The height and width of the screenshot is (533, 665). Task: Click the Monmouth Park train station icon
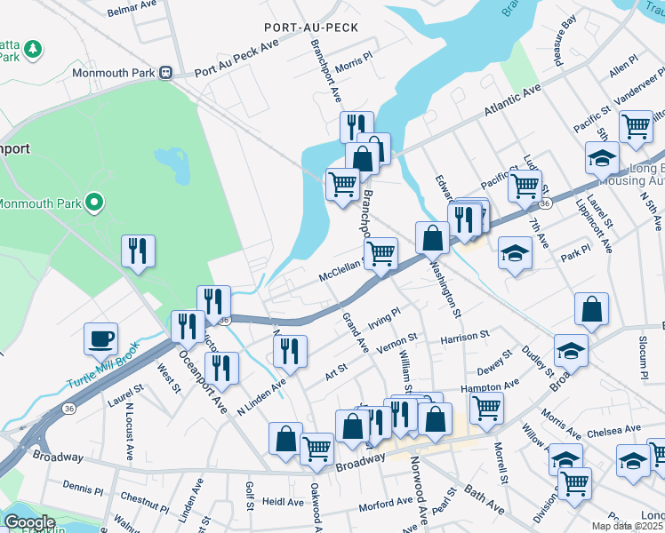(165, 73)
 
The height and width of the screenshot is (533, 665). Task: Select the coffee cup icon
(101, 339)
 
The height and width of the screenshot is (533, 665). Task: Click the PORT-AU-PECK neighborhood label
(311, 28)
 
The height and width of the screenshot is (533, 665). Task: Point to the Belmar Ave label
(132, 12)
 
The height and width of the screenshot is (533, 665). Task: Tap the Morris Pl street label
(354, 60)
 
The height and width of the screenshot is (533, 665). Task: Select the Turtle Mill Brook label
(101, 377)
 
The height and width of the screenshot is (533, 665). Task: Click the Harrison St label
(464, 337)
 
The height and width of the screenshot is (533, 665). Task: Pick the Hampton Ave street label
(489, 386)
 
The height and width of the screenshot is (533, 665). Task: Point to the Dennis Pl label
(83, 486)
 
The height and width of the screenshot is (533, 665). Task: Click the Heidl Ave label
(283, 502)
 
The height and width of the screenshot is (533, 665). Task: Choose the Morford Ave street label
(384, 506)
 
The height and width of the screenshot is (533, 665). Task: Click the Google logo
(29, 522)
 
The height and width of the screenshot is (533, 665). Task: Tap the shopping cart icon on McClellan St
(381, 253)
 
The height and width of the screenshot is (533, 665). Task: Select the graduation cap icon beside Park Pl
(515, 253)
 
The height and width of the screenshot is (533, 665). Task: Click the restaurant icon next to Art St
(290, 351)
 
